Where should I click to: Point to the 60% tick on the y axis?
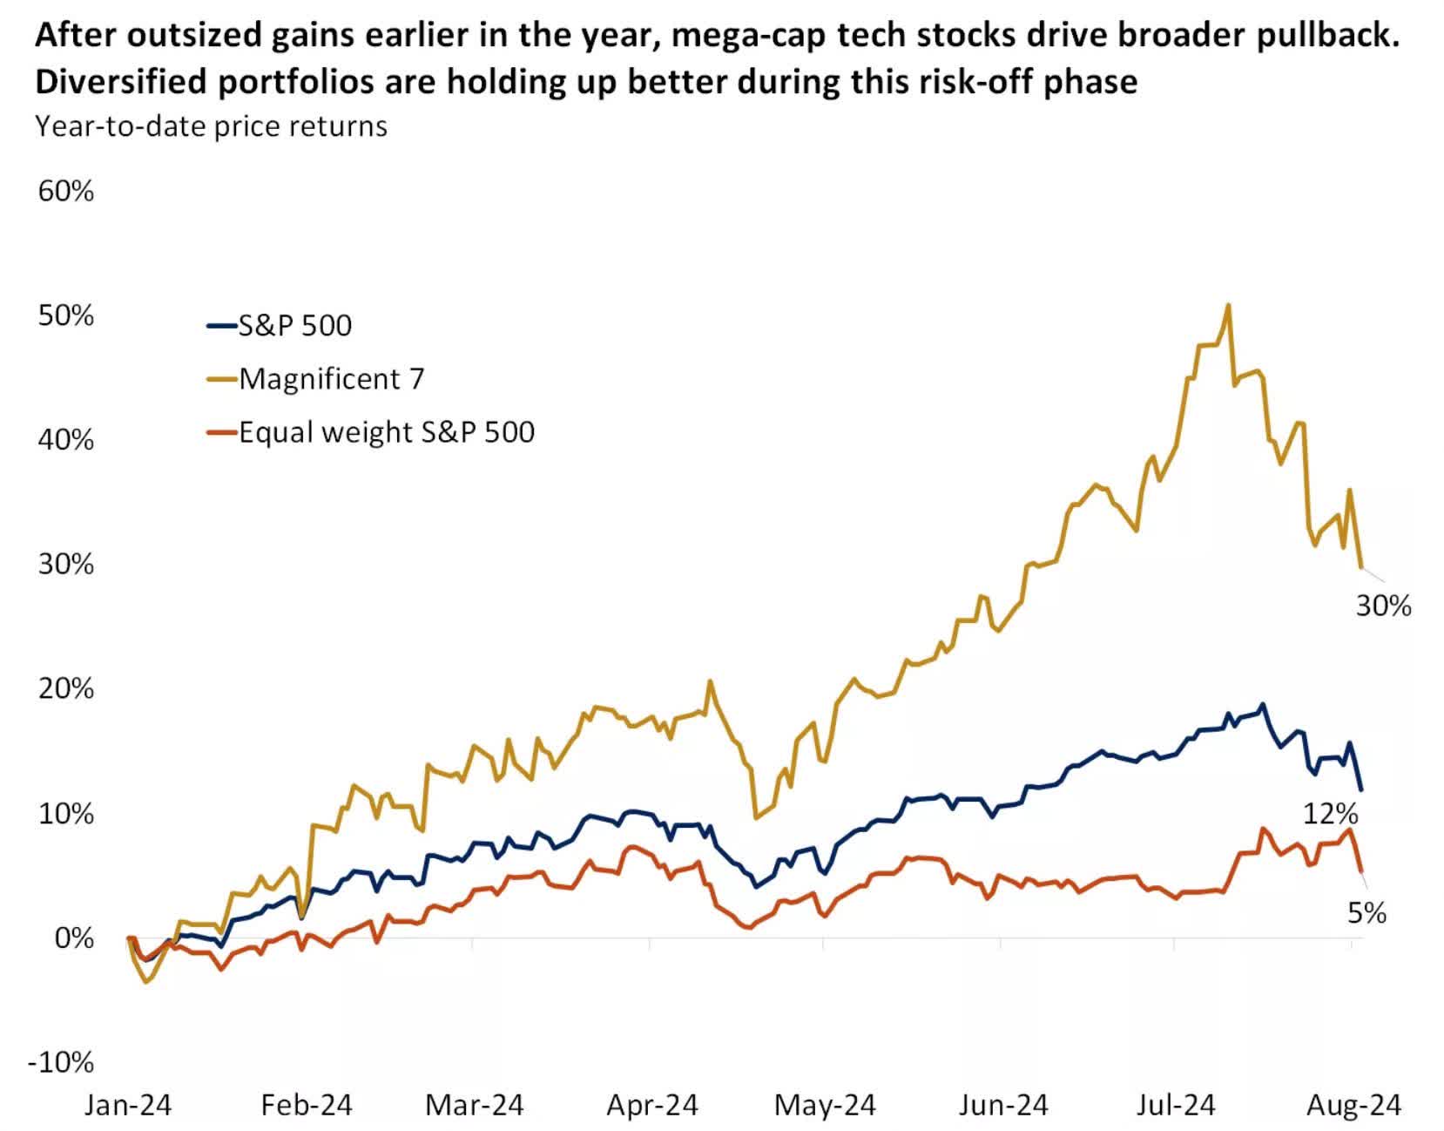[65, 192]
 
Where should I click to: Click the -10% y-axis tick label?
[61, 1062]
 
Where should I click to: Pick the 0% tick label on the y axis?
[73, 938]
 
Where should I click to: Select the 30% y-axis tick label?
[65, 565]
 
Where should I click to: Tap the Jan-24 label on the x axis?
[128, 1106]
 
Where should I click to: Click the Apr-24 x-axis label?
[652, 1106]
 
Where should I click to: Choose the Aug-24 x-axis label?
[1354, 1106]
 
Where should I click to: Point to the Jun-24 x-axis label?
[1003, 1106]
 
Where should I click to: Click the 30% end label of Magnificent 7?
[1383, 606]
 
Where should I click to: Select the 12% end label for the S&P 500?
[1330, 814]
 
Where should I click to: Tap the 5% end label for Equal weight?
[1366, 913]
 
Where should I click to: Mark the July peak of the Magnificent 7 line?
[1228, 306]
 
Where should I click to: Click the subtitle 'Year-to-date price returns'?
[211, 126]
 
